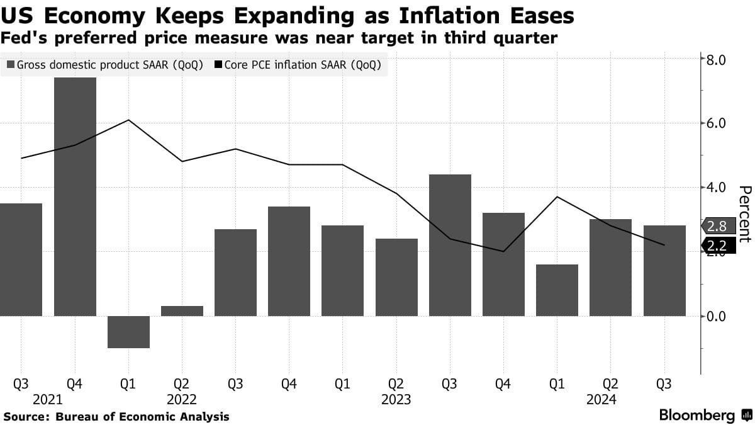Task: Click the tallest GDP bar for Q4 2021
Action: (75, 196)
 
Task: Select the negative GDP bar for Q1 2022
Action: (128, 332)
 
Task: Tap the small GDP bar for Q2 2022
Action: (182, 311)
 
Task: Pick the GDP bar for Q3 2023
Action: (450, 246)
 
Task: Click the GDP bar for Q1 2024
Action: (557, 290)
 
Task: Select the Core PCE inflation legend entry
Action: (298, 65)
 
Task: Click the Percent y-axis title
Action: (744, 214)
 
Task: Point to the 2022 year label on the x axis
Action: (182, 399)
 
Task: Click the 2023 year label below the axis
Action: (396, 399)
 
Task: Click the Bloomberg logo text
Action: (696, 416)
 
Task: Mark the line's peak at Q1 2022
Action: (128, 120)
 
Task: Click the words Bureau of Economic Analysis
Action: (142, 417)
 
